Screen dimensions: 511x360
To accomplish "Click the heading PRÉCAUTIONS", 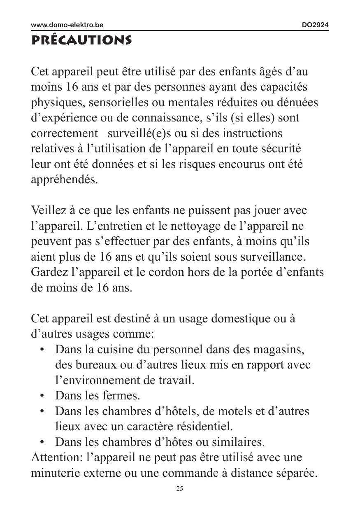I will coord(81,41).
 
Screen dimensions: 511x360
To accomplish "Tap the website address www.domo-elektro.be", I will coord(67,25).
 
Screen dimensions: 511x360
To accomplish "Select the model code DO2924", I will coord(315,25).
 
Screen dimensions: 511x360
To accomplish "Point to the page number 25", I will coord(180,489).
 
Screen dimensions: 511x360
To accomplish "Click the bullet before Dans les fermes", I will coord(42,396).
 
